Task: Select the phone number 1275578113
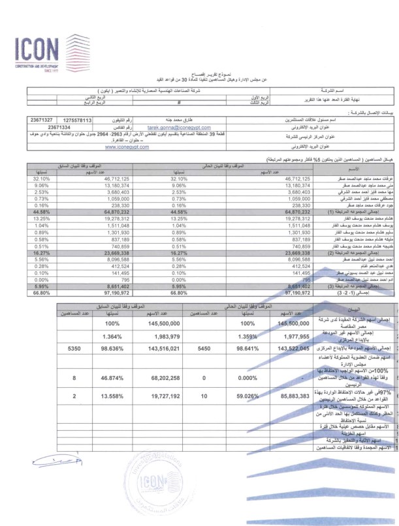tap(78, 121)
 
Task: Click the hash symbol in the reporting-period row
tap(178, 103)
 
